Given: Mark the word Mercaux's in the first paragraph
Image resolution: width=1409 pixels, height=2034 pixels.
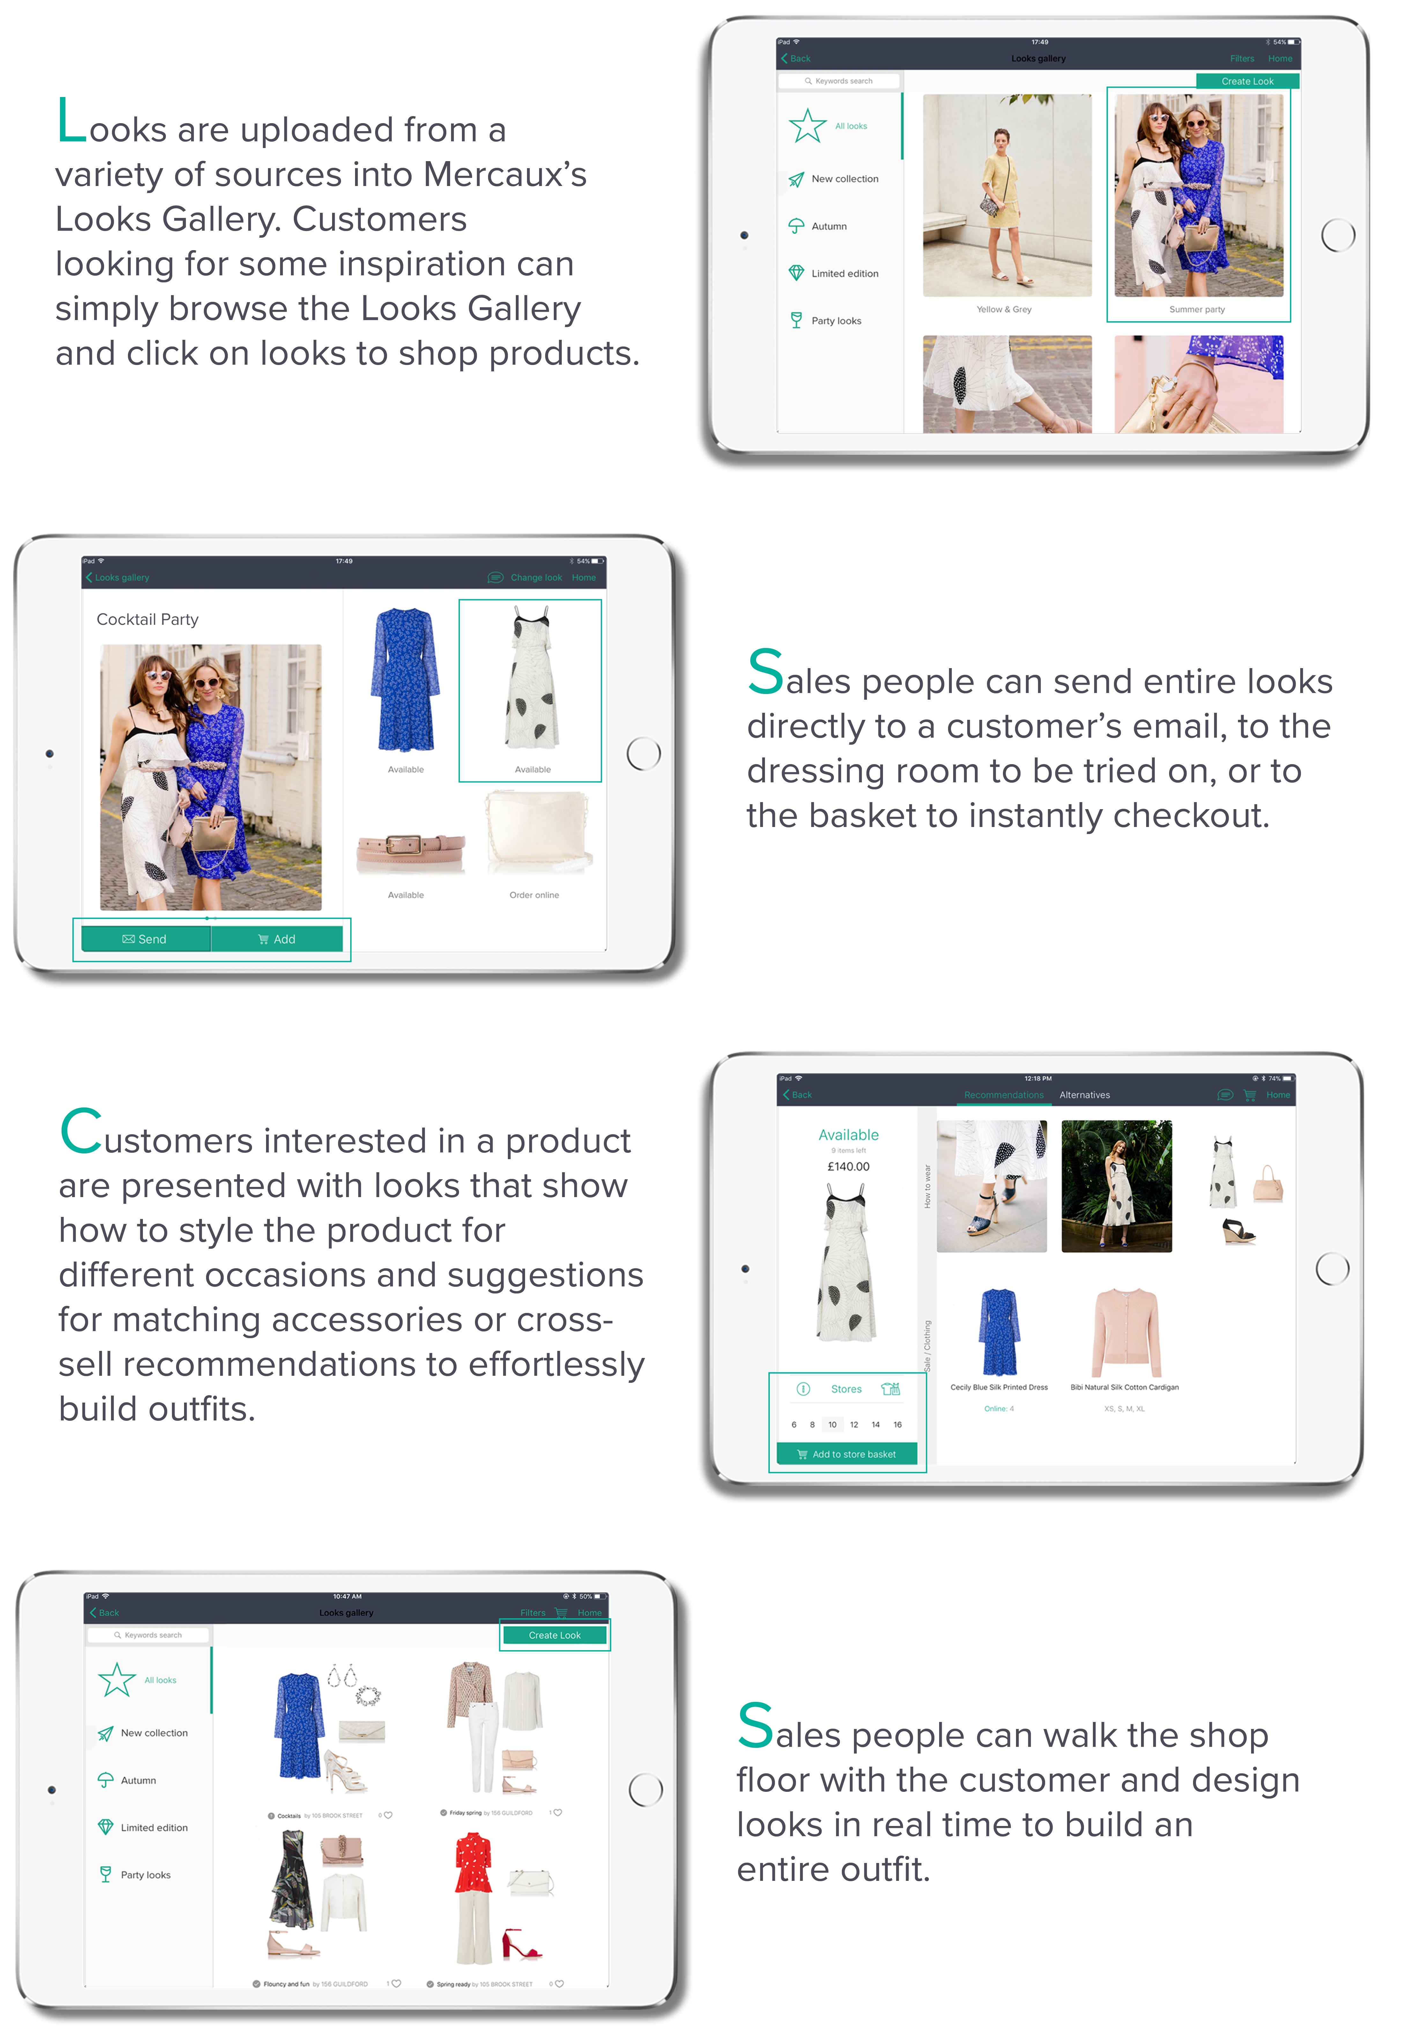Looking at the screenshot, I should pos(505,175).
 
